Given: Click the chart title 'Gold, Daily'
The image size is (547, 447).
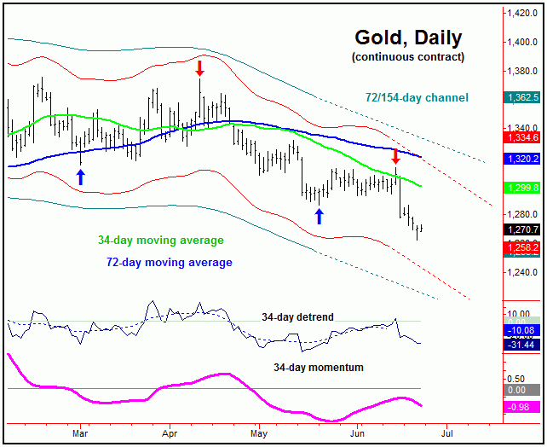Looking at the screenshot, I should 408,38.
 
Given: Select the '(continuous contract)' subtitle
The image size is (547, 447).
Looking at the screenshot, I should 408,57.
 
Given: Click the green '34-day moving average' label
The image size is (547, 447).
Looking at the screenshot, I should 161,241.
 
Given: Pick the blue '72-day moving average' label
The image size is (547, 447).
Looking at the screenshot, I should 170,262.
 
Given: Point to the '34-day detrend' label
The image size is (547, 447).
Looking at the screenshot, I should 297,316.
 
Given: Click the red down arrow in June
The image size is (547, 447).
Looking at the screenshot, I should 395,156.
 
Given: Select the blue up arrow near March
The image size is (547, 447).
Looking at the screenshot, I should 80,177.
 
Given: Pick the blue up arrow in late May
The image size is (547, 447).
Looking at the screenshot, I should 319,215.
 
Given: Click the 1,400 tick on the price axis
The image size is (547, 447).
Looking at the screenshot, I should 520,42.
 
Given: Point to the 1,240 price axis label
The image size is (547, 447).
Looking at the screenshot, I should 520,272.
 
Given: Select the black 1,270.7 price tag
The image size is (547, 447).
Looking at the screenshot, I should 521,230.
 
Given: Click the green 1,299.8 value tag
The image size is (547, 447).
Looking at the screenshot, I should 521,188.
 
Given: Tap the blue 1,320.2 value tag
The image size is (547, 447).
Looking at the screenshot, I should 521,159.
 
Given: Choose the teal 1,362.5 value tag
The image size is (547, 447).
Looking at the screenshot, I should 521,98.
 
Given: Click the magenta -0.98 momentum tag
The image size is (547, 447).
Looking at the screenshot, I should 521,406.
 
